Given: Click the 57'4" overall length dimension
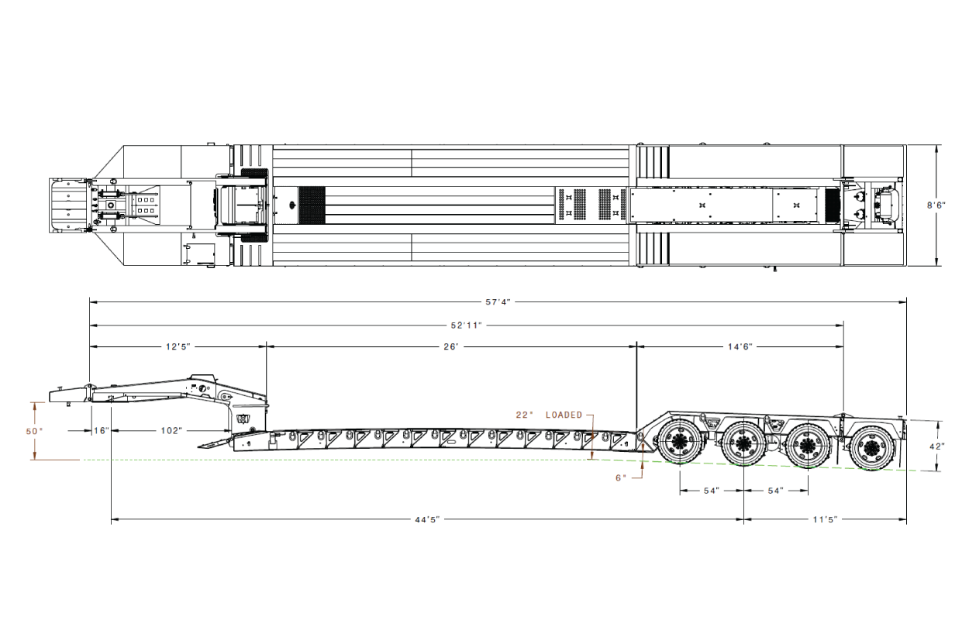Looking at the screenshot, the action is point(498,301).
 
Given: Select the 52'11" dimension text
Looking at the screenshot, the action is point(466,326).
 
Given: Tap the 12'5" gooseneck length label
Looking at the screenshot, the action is point(178,346).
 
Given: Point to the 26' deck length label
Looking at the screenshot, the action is point(450,346).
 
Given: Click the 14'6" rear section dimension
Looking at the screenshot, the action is point(740,346).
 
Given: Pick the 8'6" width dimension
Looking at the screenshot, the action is point(936,205).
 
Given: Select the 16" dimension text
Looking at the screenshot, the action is point(102,431).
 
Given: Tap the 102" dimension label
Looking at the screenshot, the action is point(171,431).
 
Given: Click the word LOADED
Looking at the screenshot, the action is point(564,415).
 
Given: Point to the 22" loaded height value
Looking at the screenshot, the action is point(524,415).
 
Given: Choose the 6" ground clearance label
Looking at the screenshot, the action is point(621,478).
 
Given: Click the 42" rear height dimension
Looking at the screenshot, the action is point(937,446).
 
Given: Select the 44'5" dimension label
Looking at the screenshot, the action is point(427,519).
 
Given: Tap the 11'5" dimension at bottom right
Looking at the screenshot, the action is point(826,519).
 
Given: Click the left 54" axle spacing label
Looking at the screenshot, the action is point(712,491).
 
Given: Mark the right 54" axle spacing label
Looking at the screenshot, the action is point(776,491).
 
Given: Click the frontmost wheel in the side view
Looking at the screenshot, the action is point(680,442).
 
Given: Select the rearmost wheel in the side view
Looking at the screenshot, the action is point(871,448).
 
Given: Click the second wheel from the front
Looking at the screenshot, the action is point(743,444).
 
